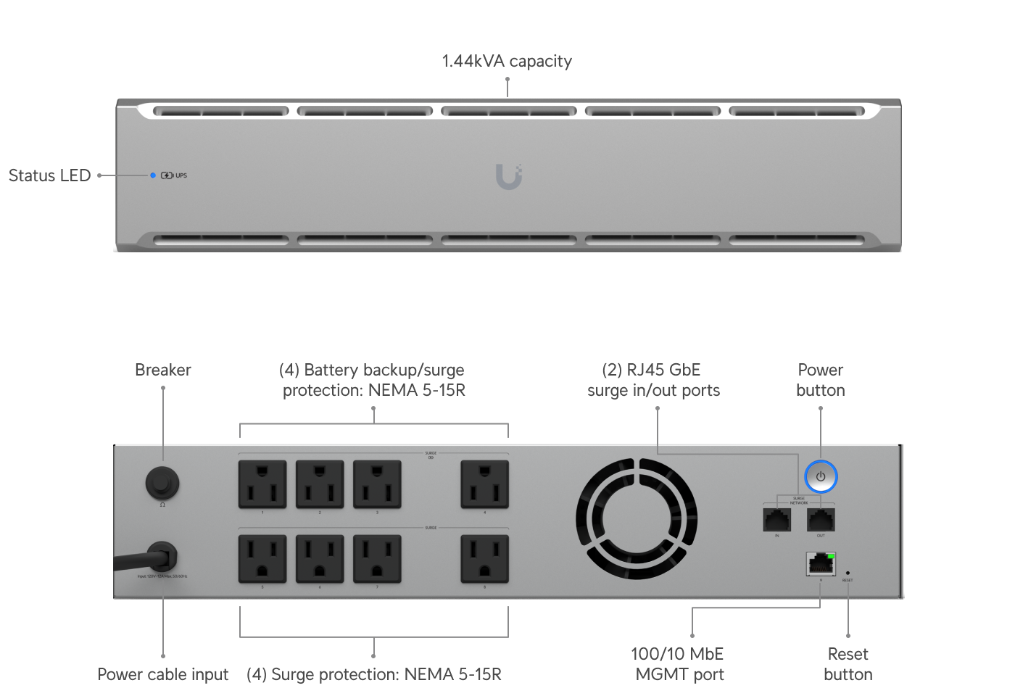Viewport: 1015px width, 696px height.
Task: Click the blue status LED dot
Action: [153, 175]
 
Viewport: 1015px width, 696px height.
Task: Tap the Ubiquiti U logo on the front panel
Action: [508, 176]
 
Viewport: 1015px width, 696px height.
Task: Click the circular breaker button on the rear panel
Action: [162, 482]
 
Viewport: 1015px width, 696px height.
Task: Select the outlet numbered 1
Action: [262, 484]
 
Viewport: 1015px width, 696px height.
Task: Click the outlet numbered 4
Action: [484, 484]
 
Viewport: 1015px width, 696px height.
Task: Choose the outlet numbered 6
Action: [320, 559]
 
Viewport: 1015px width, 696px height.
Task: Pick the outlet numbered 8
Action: [484, 559]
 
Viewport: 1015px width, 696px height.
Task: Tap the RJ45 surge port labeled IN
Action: [776, 519]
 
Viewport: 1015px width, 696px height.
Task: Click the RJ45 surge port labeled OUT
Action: [821, 519]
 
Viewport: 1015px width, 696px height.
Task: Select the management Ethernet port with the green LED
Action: [820, 563]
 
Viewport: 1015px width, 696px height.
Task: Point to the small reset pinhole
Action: [848, 573]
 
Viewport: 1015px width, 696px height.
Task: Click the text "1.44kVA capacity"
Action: [507, 61]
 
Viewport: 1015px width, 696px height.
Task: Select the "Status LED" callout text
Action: [49, 175]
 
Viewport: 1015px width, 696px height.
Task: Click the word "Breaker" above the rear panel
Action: [162, 370]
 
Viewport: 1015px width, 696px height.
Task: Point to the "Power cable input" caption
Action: [162, 674]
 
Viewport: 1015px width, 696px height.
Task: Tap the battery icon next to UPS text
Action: [167, 175]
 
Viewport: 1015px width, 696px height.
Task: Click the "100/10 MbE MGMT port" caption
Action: [678, 664]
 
